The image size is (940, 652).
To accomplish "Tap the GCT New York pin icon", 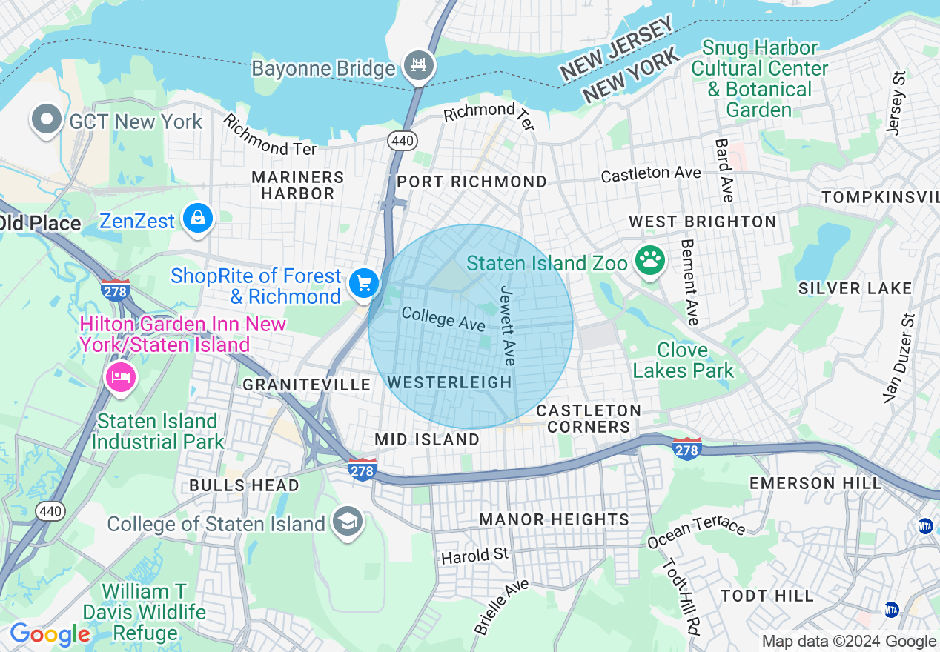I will tap(47, 120).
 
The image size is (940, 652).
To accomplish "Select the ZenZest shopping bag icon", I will tap(199, 219).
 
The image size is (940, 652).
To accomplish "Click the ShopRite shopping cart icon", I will tap(363, 284).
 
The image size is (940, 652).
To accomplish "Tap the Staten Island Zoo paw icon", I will tap(650, 261).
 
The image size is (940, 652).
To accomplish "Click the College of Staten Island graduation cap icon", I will tap(347, 522).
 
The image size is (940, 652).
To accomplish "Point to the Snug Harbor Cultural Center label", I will tap(759, 79).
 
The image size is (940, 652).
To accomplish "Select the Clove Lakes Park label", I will tap(684, 360).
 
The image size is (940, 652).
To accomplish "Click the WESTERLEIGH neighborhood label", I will tap(449, 382).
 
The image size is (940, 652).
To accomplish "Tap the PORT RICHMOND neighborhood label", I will tap(471, 182).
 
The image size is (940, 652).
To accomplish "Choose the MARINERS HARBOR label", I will tap(298, 185).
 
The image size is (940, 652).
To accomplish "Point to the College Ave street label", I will tap(443, 319).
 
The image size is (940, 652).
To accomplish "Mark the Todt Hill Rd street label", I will tap(681, 596).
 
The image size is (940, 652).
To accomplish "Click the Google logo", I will tap(50, 634).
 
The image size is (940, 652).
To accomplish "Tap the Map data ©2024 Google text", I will tap(849, 642).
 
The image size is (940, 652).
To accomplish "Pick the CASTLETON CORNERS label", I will tap(589, 419).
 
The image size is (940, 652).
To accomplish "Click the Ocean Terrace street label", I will tap(696, 531).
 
